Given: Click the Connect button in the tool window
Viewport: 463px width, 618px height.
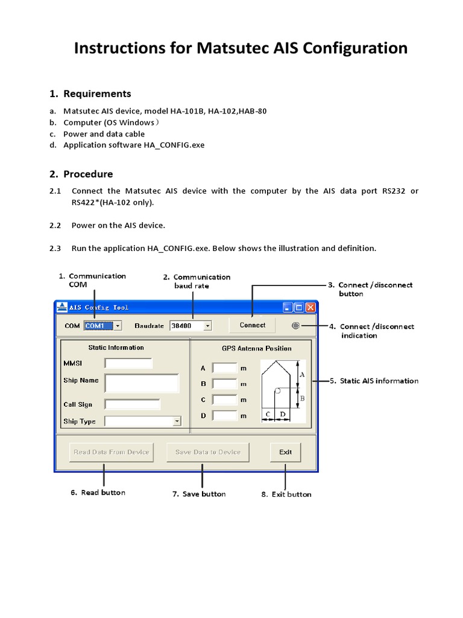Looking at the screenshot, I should pos(252,325).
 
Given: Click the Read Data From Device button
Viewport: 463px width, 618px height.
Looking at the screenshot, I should pos(103,452).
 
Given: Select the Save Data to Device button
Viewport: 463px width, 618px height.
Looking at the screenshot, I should pos(207,452).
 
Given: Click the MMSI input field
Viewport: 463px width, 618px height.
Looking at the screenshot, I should pos(128,363).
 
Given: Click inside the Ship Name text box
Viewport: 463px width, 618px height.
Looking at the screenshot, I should pos(142,383).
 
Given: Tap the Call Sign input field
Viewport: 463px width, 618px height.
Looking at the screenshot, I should pos(132,404).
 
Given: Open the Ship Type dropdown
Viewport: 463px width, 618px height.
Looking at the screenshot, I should pos(143,421).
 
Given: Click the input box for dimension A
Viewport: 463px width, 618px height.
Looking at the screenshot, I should pos(225,368).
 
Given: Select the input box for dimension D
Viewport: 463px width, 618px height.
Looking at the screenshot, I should pos(225,415).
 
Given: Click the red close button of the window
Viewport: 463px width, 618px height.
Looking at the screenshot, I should pos(310,307).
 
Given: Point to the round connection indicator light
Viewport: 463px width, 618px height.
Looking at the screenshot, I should pos(295,325).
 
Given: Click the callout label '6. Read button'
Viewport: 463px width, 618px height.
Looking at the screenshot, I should pos(98,492).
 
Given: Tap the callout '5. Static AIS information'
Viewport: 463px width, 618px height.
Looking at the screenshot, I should pos(379,381).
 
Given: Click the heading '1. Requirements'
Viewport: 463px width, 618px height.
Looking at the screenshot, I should pos(90,94).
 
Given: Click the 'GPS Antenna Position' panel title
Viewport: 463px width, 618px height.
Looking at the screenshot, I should pos(256,348).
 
